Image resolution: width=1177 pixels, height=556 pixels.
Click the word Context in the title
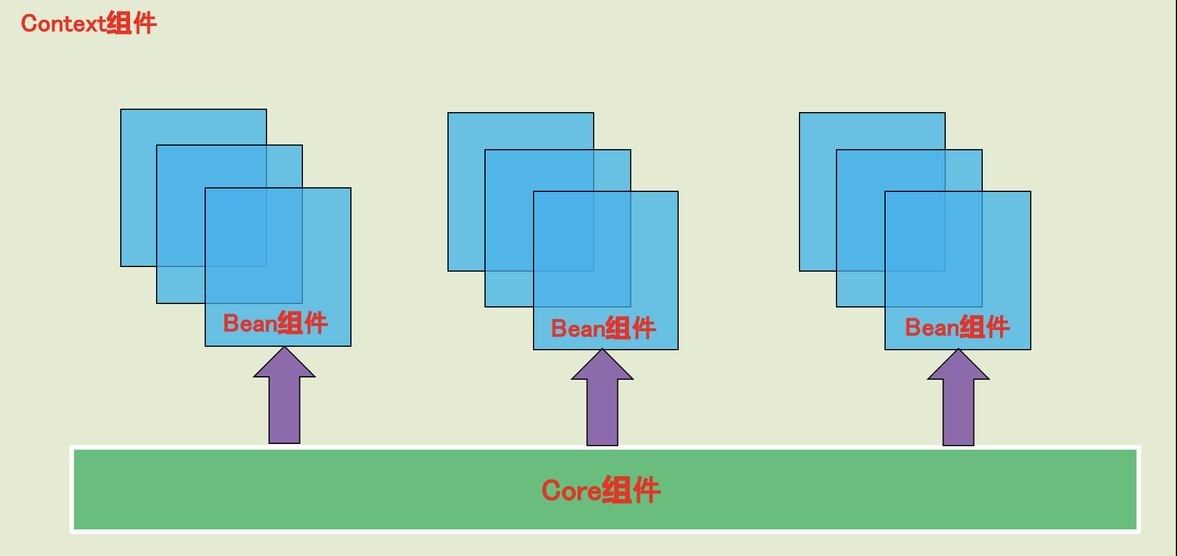pos(62,24)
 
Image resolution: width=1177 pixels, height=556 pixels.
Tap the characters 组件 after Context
pos(132,24)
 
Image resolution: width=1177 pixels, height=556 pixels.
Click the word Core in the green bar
pos(571,491)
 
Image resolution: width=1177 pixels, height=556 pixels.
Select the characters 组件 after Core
pos(631,491)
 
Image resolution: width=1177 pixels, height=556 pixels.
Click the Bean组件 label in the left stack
pos(275,323)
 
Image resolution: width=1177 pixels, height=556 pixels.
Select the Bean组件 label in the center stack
pos(603,328)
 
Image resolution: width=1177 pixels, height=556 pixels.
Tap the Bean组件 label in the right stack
pos(957,327)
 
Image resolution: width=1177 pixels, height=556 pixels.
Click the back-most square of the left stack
pos(139,173)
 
